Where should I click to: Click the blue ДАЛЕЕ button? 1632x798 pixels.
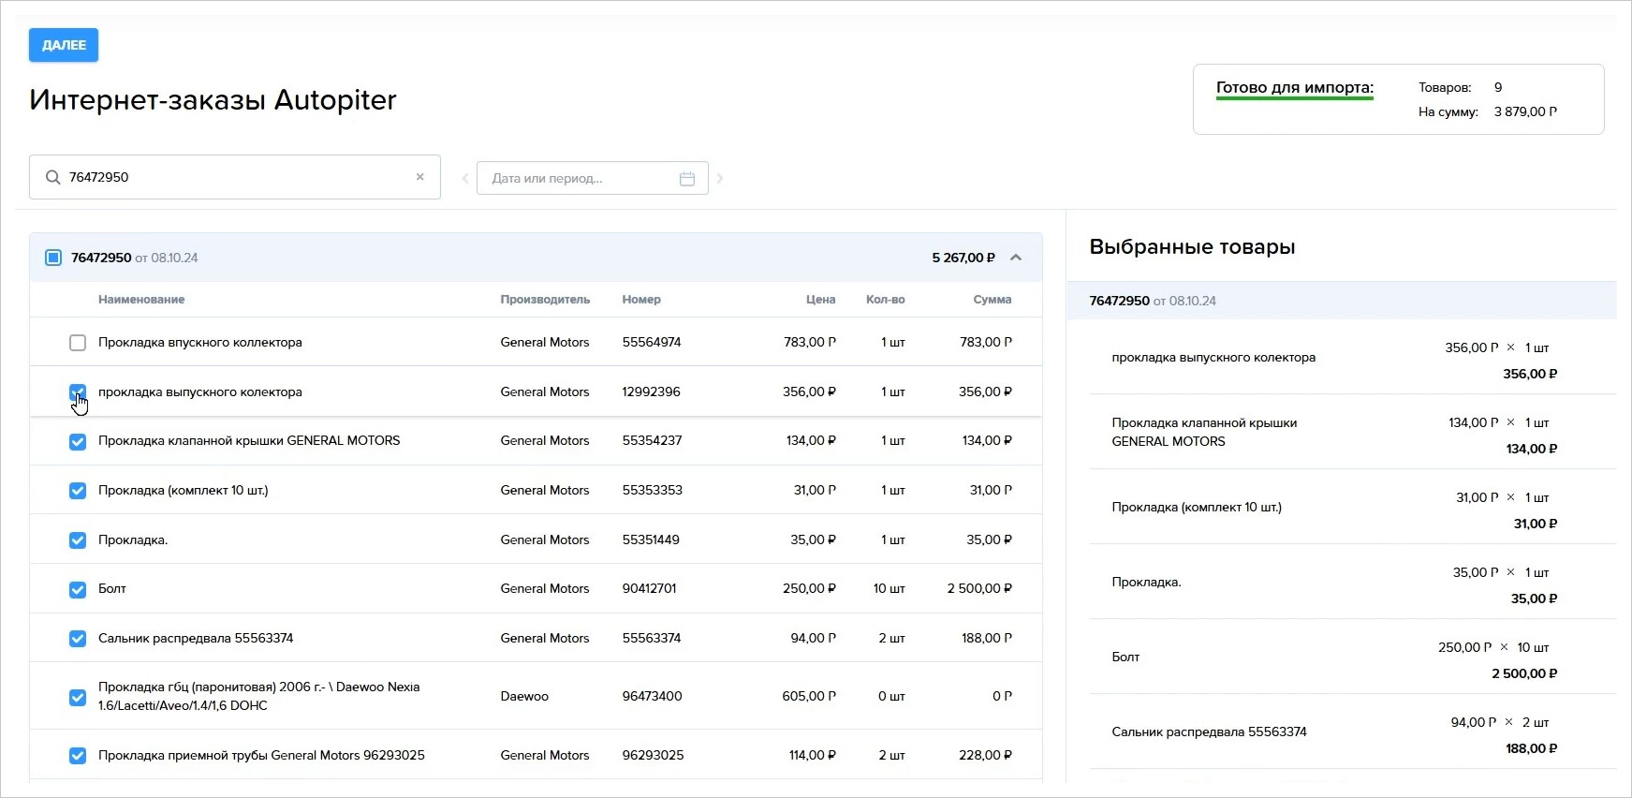[x=64, y=45]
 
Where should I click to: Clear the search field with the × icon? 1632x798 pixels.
[x=420, y=177]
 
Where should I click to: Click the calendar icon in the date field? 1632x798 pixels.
[x=687, y=178]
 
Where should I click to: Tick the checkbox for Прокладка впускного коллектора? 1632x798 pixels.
[x=78, y=343]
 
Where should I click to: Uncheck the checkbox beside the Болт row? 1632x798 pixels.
[x=78, y=589]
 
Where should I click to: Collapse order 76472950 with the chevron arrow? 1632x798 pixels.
[x=1016, y=258]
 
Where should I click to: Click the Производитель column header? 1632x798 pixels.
[x=545, y=300]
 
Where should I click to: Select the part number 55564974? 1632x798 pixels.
[x=652, y=342]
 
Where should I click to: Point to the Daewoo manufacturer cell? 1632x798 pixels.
[x=524, y=696]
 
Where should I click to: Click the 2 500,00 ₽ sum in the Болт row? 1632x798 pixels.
[x=979, y=588]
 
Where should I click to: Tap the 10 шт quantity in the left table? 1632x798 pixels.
[x=890, y=588]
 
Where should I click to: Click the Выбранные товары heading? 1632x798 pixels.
[x=1192, y=247]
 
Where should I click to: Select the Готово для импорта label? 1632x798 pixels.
[x=1295, y=88]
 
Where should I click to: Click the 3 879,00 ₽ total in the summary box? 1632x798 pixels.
[x=1526, y=111]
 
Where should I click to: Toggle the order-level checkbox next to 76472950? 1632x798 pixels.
[x=53, y=258]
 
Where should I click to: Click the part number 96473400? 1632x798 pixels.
[x=652, y=696]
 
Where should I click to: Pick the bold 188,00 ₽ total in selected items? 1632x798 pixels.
[x=1532, y=748]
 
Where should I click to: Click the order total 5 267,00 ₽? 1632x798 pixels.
[x=963, y=258]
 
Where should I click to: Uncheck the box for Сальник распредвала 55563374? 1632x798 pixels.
[x=78, y=639]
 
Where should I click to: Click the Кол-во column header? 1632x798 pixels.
[x=886, y=300]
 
